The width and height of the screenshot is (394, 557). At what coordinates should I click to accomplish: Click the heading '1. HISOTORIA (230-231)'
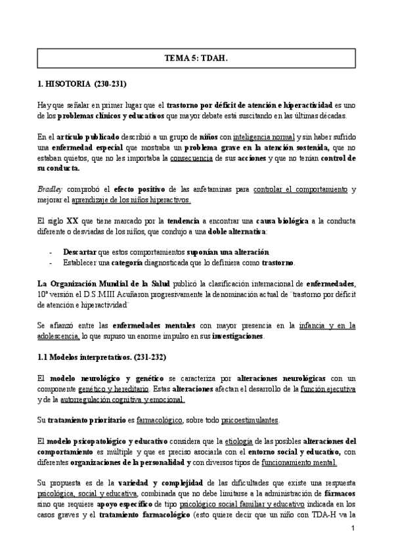coord(82,85)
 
